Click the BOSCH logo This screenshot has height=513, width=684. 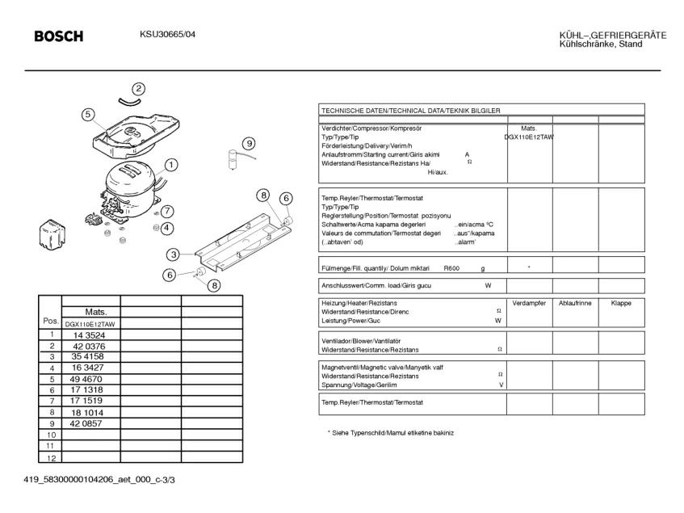[58, 36]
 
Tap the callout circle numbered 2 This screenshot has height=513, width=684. [139, 89]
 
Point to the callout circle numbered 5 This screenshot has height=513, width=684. [88, 115]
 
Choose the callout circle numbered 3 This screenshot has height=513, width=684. [173, 254]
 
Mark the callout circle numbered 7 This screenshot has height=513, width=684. [167, 212]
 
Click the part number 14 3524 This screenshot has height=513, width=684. [88, 334]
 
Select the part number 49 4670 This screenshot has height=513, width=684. [86, 379]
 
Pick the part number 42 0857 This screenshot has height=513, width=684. [86, 423]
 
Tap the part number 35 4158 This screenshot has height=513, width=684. [87, 356]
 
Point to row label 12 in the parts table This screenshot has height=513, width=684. [50, 457]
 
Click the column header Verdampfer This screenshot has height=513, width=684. [529, 303]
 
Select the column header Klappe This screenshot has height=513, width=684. [621, 303]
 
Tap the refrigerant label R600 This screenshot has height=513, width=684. [451, 267]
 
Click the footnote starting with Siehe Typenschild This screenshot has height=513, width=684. [391, 433]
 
